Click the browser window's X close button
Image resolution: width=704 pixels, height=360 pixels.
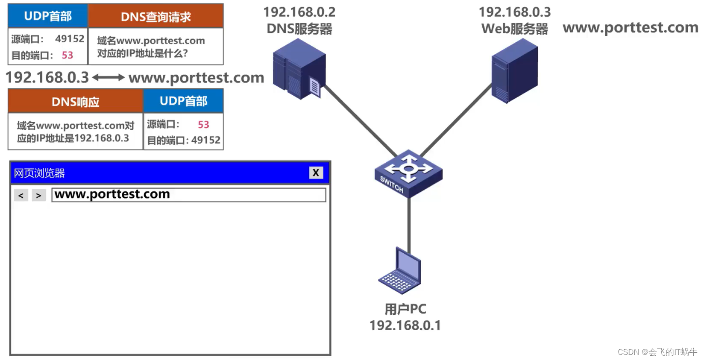[316, 173]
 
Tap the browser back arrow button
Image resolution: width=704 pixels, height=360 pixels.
[21, 195]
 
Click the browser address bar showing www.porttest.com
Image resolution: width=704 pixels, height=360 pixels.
[188, 195]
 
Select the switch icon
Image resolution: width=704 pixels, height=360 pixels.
[408, 173]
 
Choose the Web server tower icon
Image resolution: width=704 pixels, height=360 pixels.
[514, 70]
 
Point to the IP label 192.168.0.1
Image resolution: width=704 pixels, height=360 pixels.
[405, 325]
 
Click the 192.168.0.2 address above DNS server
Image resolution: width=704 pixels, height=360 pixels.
[299, 12]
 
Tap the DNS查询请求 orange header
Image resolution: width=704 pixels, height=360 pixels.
[155, 17]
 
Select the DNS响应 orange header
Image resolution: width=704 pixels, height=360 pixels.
[75, 102]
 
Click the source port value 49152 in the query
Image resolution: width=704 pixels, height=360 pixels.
[70, 39]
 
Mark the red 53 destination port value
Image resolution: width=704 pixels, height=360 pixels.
[67, 55]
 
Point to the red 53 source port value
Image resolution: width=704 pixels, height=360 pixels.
[203, 124]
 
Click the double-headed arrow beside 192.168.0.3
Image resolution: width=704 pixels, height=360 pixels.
[109, 77]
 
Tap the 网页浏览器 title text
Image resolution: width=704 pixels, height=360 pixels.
[39, 173]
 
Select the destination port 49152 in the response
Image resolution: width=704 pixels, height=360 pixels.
[205, 140]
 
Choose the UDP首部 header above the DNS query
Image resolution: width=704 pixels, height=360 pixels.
[48, 16]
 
